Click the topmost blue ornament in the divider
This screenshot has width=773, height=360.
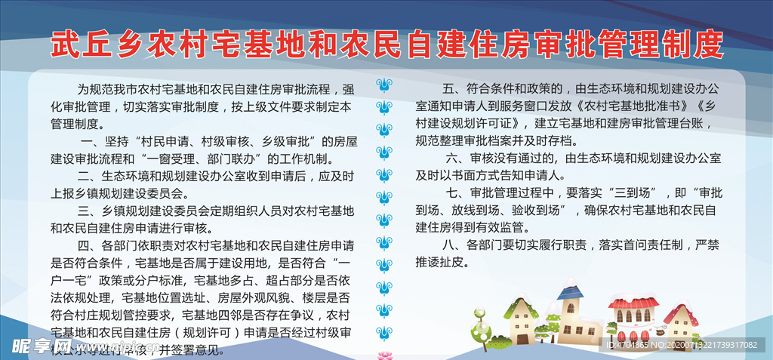384,82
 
